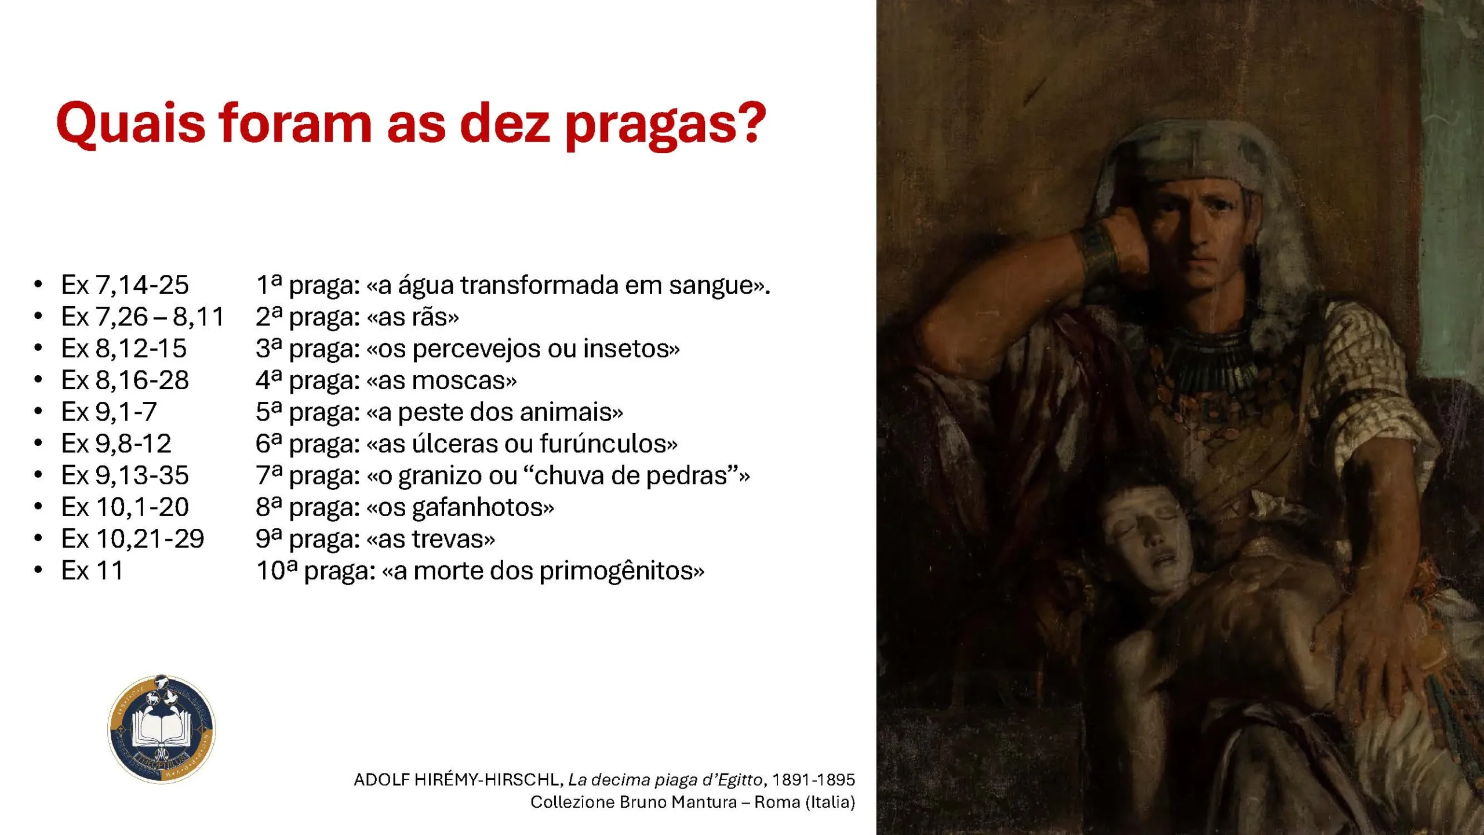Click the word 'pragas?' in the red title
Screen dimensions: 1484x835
(x=665, y=125)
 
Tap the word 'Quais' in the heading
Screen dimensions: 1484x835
(x=131, y=122)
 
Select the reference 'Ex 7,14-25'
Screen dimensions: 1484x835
(x=125, y=285)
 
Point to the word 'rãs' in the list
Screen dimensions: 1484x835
(x=429, y=317)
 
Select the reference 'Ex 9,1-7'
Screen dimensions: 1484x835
(x=109, y=412)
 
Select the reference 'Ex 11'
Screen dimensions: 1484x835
(x=92, y=571)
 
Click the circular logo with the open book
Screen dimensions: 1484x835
(x=162, y=729)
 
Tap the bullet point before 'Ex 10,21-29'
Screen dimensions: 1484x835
(x=38, y=539)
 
